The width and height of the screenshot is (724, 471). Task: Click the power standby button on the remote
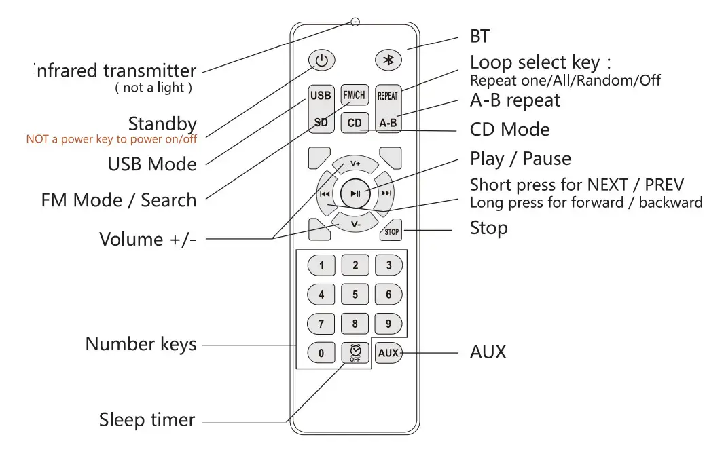click(321, 60)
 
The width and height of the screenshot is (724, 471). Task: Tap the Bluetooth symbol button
click(388, 60)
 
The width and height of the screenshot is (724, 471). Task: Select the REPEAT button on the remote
click(388, 96)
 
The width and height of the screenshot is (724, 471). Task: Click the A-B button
click(388, 123)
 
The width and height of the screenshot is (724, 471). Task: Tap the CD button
click(355, 123)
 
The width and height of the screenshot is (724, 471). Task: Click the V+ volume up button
click(355, 164)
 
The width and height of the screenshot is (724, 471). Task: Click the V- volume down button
click(355, 223)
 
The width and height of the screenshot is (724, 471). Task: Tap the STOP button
click(391, 231)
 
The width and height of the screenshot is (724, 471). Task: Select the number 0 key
click(321, 353)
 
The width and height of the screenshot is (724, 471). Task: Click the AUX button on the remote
click(388, 353)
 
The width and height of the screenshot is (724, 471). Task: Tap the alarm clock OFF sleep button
click(355, 353)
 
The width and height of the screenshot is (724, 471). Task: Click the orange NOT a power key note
click(111, 139)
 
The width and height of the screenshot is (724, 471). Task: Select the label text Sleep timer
click(147, 420)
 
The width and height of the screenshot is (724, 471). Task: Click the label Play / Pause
click(520, 159)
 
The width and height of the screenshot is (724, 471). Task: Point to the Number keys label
click(141, 344)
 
